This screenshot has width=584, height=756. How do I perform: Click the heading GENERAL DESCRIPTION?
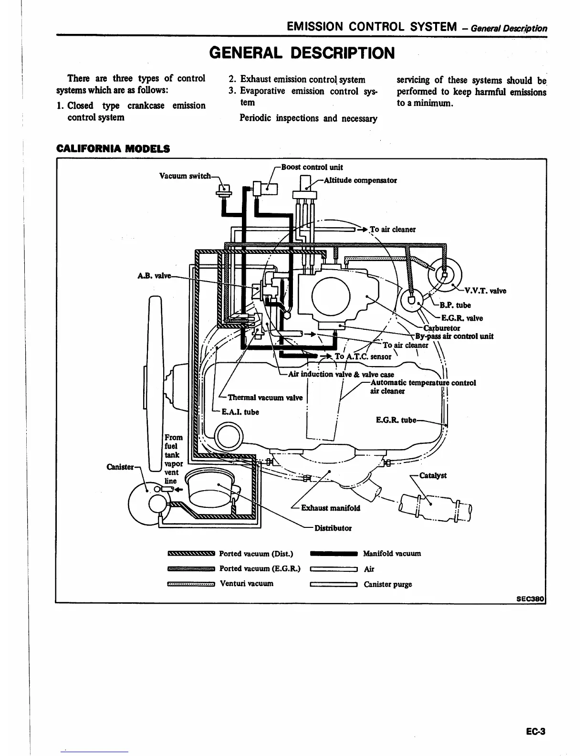(302, 52)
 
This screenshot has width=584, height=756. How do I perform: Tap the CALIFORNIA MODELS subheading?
(113, 148)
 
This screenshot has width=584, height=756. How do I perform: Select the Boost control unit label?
(312, 167)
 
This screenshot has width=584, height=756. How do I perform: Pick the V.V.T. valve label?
(485, 291)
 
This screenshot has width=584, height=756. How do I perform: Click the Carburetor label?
(442, 328)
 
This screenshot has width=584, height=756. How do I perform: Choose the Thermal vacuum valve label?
(265, 398)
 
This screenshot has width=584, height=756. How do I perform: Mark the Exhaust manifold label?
(331, 508)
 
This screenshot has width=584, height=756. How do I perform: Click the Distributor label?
(333, 528)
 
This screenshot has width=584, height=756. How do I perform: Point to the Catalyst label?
(433, 475)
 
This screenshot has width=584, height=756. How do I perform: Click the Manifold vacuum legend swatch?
(334, 554)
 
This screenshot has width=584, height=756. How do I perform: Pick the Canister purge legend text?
(387, 584)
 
